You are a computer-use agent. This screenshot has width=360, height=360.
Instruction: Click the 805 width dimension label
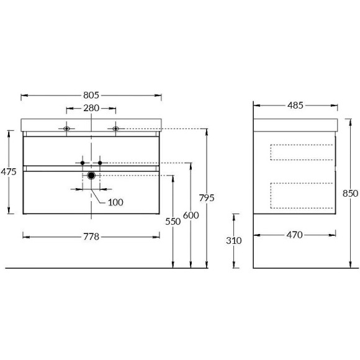pyautogui.click(x=91, y=96)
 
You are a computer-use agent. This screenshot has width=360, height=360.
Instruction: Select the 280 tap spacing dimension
pyautogui.click(x=91, y=108)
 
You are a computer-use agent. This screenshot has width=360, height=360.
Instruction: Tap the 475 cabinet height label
pyautogui.click(x=9, y=172)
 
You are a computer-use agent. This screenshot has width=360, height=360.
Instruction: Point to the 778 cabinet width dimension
pyautogui.click(x=91, y=236)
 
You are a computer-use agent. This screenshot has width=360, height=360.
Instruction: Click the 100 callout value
pyautogui.click(x=115, y=202)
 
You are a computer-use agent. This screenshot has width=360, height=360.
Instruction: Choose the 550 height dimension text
pyautogui.click(x=173, y=222)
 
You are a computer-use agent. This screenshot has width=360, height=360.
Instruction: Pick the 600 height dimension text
pyautogui.click(x=191, y=215)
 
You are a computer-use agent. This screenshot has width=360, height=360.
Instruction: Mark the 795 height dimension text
pyautogui.click(x=207, y=198)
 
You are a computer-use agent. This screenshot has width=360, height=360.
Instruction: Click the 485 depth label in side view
pyautogui.click(x=295, y=106)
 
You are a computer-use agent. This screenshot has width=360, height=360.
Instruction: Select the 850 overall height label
pyautogui.click(x=350, y=194)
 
